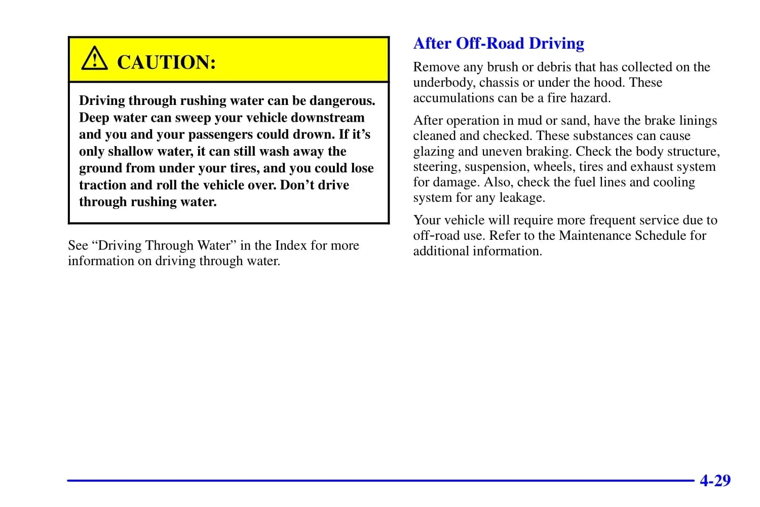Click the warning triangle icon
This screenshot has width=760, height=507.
click(x=94, y=59)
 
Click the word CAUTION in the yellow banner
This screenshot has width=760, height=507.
click(x=166, y=62)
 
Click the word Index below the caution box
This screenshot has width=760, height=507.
click(x=291, y=245)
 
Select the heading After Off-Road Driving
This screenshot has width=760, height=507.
click(x=499, y=44)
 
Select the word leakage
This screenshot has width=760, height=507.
click(x=522, y=197)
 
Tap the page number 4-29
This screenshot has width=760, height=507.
click(x=715, y=480)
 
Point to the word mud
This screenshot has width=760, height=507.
click(x=529, y=121)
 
